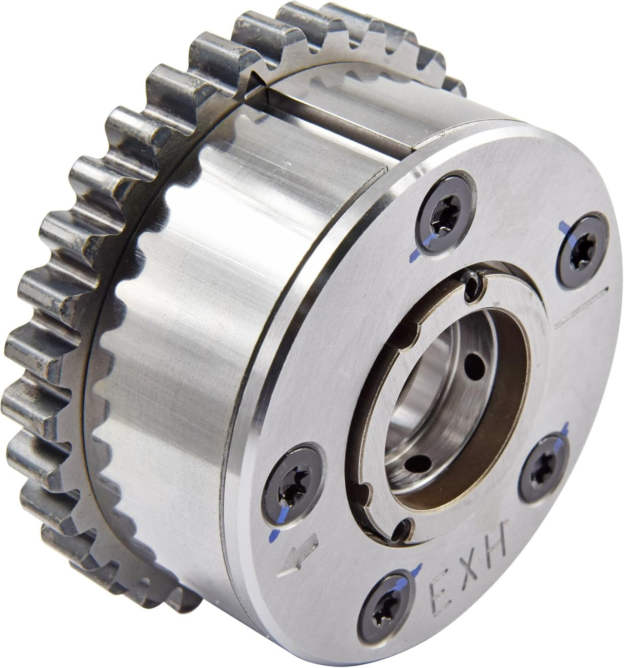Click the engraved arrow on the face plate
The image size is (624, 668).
298,554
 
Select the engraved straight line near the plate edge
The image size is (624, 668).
581,307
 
